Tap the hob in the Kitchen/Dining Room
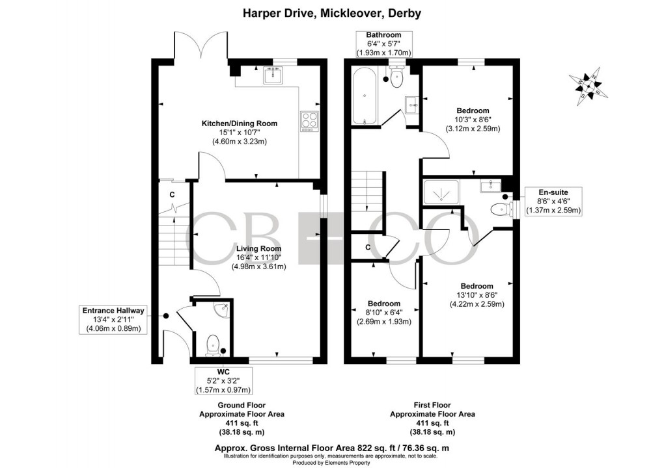pos(308,121)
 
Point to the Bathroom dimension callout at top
pos(383,44)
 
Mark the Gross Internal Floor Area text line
pos(332,448)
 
